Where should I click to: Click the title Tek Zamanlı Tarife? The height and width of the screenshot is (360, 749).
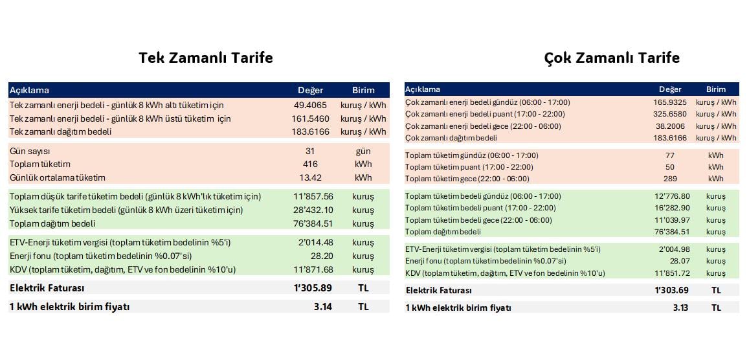[x=206, y=58]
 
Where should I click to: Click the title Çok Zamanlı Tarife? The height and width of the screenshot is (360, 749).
[x=612, y=58]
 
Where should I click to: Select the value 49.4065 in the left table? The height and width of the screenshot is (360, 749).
[x=310, y=105]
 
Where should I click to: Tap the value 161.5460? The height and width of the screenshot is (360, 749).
[x=310, y=118]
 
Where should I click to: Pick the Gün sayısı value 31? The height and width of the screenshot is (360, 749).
[x=310, y=151]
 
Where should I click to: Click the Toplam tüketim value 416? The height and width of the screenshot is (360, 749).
[x=310, y=164]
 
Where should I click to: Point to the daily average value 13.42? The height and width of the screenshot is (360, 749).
[x=310, y=177]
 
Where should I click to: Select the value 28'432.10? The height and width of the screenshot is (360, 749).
[x=313, y=210]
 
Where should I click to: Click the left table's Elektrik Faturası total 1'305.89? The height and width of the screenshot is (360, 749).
[x=312, y=288]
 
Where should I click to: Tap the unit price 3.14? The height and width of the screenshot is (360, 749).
[x=322, y=307]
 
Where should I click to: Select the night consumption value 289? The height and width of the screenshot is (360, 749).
[x=670, y=179]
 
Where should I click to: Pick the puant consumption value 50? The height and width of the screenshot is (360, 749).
[x=670, y=167]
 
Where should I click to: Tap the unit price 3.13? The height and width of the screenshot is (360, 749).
[x=680, y=308]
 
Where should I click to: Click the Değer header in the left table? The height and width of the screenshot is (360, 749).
[x=310, y=90]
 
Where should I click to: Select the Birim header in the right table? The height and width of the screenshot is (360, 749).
[x=716, y=89]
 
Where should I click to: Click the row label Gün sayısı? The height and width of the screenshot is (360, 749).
[x=30, y=151]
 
